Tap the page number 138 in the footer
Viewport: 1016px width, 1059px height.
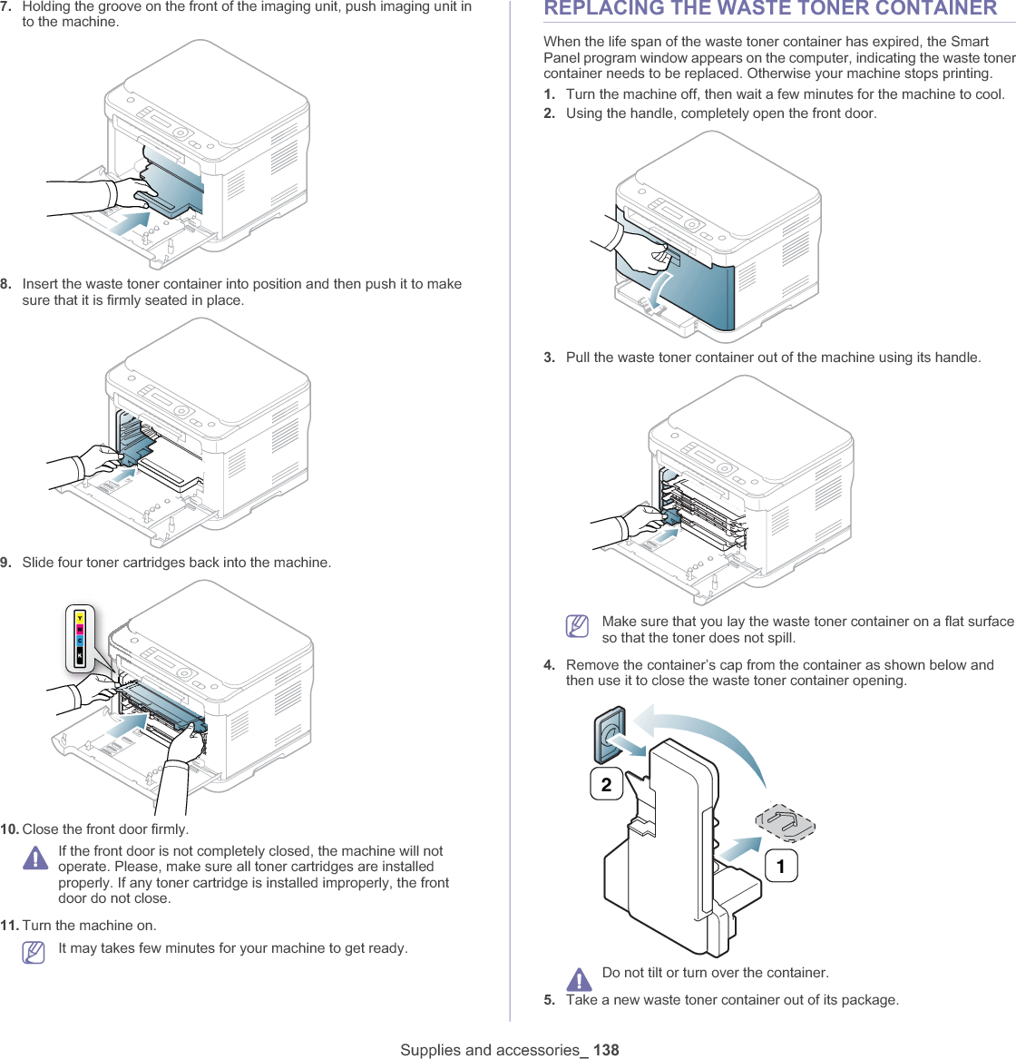point(606,1050)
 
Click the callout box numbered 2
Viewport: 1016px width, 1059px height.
point(606,784)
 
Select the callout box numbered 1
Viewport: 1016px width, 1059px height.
point(781,866)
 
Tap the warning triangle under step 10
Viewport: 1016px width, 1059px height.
point(35,858)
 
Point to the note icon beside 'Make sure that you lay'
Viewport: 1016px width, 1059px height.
point(577,626)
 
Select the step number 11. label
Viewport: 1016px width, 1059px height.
point(10,926)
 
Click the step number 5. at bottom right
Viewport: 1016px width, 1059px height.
point(550,1000)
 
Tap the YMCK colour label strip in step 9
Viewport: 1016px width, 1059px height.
point(80,640)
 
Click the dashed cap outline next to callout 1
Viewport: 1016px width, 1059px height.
point(786,822)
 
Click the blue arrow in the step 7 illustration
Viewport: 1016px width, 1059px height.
point(129,223)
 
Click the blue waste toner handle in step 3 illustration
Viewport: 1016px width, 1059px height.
point(670,517)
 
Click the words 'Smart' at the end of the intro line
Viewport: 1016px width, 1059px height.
point(970,42)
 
